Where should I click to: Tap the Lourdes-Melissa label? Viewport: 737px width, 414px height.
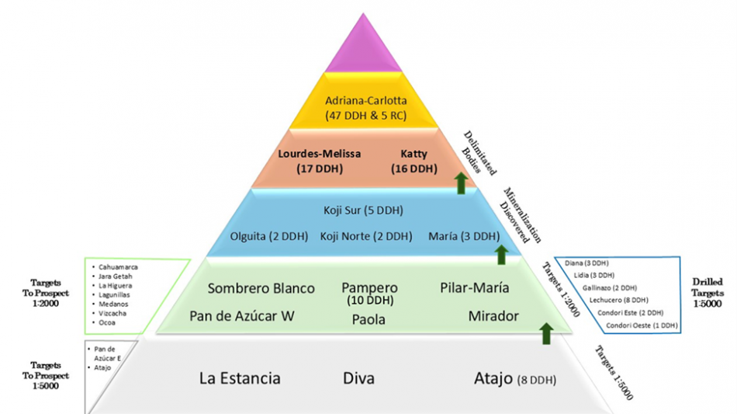click(x=320, y=154)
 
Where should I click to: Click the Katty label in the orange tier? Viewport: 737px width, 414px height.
click(x=416, y=154)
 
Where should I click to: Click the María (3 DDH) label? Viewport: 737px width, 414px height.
click(x=464, y=236)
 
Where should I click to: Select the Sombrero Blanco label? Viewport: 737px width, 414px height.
click(x=261, y=288)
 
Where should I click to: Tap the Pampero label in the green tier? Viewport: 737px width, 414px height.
click(x=369, y=288)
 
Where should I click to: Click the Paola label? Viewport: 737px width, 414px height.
click(x=369, y=318)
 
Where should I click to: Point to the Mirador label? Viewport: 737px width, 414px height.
click(x=493, y=316)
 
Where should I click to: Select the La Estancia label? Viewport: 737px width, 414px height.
click(x=240, y=379)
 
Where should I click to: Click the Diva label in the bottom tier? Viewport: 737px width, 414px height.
click(x=358, y=379)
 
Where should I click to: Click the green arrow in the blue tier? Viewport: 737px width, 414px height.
click(x=501, y=253)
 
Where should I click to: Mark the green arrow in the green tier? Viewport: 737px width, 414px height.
click(x=546, y=334)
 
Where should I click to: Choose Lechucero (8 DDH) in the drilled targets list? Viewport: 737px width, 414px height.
click(x=621, y=300)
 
